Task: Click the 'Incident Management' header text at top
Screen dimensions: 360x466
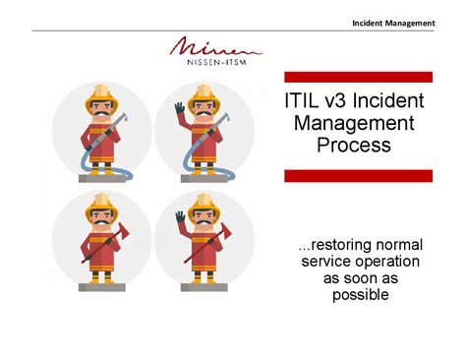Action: (x=393, y=22)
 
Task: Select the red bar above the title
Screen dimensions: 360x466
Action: (x=358, y=77)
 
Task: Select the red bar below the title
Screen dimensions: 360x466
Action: (x=358, y=175)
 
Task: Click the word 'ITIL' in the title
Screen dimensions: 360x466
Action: (x=303, y=101)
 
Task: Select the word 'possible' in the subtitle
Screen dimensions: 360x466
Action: (x=361, y=294)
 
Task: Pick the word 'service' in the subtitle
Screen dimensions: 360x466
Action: (x=325, y=260)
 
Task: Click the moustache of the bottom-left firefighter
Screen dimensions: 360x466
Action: (x=100, y=221)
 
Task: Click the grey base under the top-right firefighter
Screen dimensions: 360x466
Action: (x=204, y=178)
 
